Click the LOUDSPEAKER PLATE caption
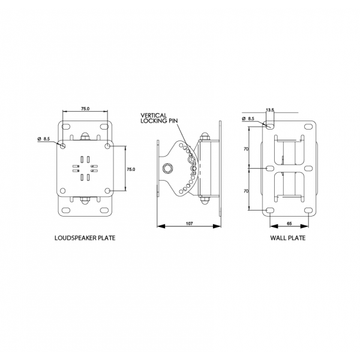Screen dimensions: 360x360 pyautogui.click(x=85, y=238)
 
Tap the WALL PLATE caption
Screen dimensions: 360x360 pyautogui.click(x=288, y=238)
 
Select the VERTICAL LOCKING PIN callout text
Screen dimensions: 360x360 pyautogui.click(x=159, y=118)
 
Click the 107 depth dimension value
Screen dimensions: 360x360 pyautogui.click(x=189, y=223)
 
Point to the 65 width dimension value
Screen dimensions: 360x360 pyautogui.click(x=289, y=223)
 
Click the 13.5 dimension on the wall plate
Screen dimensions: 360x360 pyautogui.click(x=270, y=110)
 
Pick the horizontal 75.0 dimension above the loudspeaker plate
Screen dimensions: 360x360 pyautogui.click(x=85, y=109)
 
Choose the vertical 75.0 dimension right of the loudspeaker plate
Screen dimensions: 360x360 pyautogui.click(x=131, y=169)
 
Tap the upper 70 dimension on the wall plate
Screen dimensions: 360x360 pyautogui.click(x=246, y=149)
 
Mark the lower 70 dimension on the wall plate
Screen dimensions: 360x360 pyautogui.click(x=246, y=191)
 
